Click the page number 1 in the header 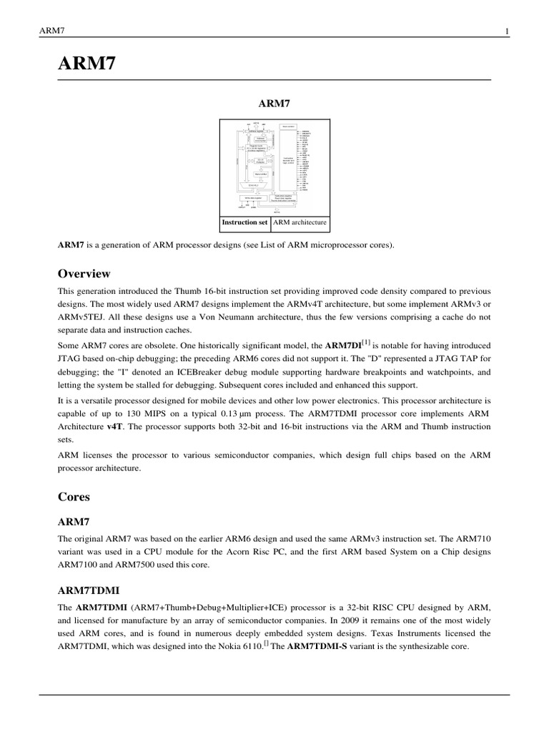506,31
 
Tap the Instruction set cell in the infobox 244,222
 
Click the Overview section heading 84,274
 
